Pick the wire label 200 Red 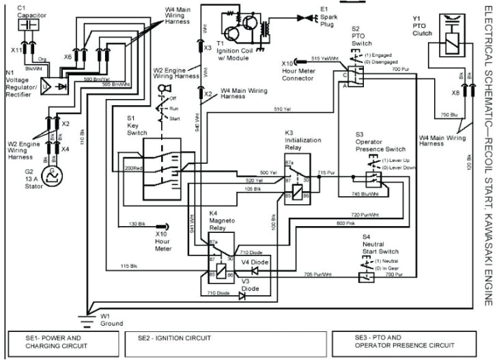tap(134, 167)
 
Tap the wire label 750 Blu tap(450, 113)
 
